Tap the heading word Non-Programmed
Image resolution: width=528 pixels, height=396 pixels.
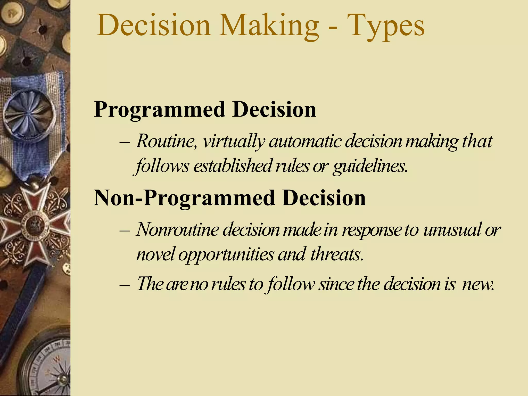point(184,198)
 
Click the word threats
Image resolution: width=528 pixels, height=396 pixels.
point(337,254)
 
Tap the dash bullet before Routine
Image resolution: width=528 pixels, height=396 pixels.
point(125,142)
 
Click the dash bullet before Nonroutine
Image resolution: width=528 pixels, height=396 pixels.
point(125,230)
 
